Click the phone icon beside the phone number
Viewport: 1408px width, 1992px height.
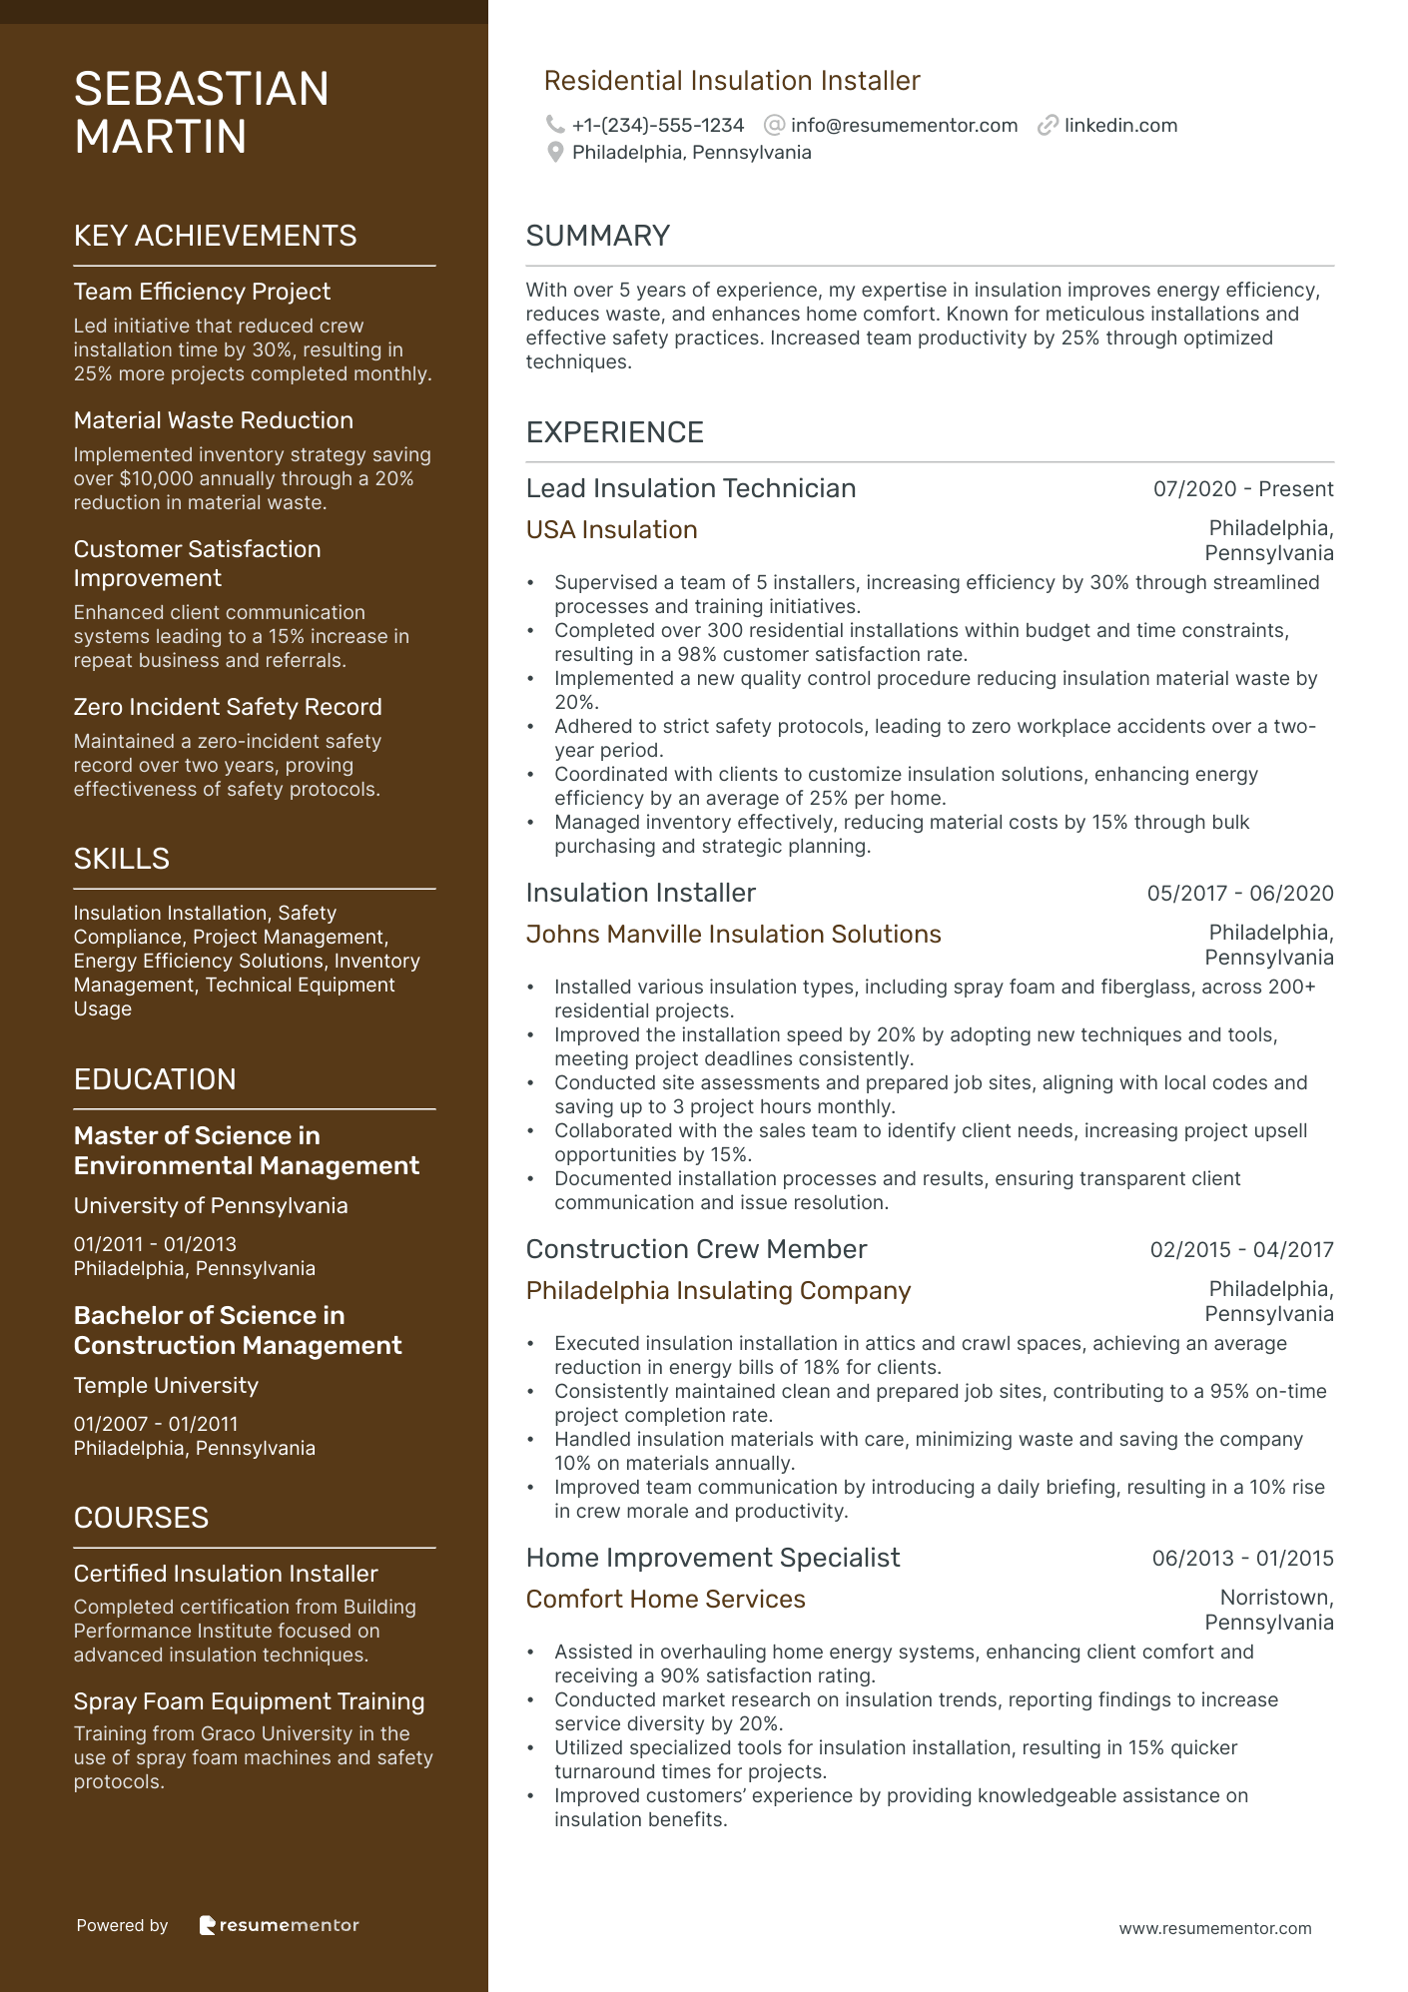554,125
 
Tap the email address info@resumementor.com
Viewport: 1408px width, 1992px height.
904,126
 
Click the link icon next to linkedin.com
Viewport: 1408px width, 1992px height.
1048,125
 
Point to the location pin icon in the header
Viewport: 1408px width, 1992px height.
555,153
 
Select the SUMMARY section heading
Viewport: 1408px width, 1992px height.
597,236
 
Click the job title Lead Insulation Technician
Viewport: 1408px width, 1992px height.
690,488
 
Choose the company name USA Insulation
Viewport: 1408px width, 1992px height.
611,530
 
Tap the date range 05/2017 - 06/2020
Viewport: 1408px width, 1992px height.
1239,894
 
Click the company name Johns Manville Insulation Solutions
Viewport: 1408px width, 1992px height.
733,935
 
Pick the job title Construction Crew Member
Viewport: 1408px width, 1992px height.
696,1250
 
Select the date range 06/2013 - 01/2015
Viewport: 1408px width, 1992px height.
1242,1559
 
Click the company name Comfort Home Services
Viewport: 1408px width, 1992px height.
665,1600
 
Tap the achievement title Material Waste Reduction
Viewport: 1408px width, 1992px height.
213,420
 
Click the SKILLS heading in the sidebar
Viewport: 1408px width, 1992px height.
121,859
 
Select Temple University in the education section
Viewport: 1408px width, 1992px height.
166,1386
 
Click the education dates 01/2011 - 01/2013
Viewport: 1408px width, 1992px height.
155,1245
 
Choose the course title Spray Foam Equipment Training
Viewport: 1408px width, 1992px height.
249,1701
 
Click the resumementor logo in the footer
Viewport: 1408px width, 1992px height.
279,1925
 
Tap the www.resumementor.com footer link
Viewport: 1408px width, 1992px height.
1214,1929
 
